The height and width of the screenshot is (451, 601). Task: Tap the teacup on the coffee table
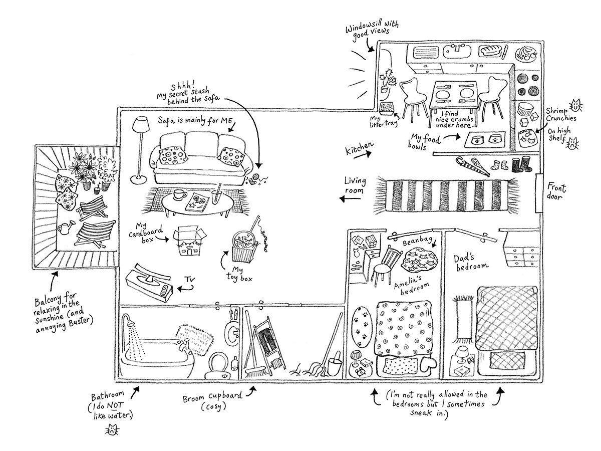pos(180,195)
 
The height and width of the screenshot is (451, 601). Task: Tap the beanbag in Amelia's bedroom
pos(421,260)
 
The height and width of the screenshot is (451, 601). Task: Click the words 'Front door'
pos(555,193)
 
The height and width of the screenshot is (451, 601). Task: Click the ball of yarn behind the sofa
pos(257,176)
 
